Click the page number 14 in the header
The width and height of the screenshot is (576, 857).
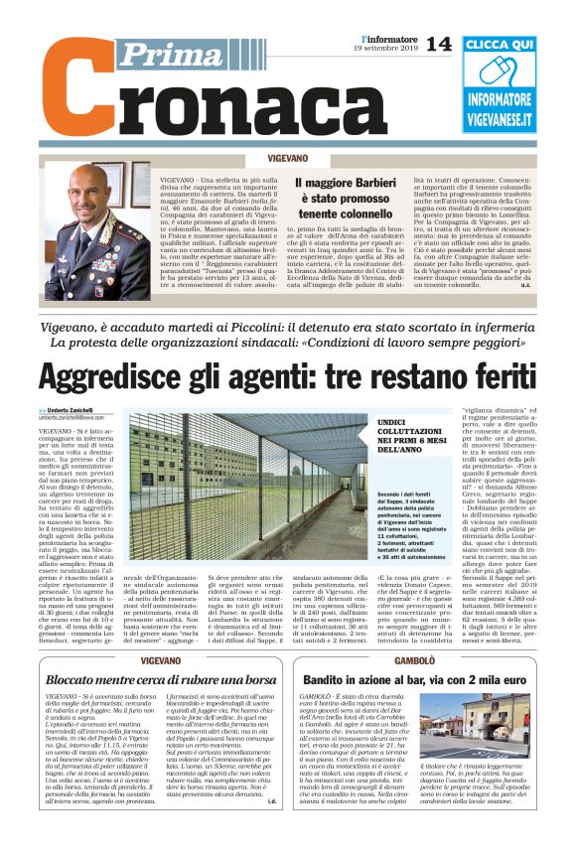[x=438, y=44]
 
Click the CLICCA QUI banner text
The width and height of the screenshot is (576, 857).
[x=499, y=45]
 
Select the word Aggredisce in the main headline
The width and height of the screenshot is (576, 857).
[x=115, y=378]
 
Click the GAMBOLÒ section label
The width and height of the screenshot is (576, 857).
[x=414, y=660]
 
